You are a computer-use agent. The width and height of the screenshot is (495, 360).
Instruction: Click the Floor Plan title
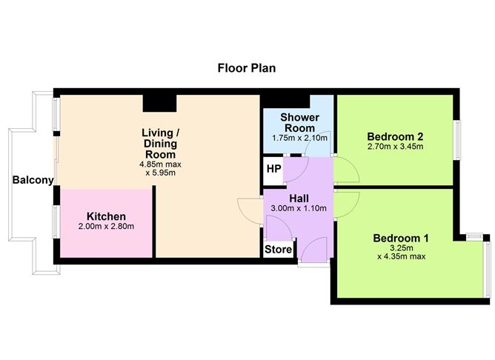[247, 68]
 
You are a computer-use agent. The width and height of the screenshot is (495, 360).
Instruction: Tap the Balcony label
[33, 180]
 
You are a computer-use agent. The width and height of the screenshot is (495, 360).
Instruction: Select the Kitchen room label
[107, 216]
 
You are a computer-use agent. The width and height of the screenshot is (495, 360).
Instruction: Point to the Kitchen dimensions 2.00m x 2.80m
[107, 226]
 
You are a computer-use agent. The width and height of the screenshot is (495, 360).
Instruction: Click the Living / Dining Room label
[160, 144]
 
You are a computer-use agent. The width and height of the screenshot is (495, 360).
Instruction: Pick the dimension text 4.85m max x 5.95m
[160, 168]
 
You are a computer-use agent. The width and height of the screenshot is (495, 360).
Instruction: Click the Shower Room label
[299, 123]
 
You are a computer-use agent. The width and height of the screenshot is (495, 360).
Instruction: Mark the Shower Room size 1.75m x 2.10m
[299, 139]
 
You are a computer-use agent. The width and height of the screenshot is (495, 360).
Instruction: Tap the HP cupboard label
[273, 169]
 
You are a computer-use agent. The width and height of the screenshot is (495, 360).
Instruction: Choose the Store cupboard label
[278, 249]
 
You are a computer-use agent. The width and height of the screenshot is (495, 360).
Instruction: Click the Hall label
[299, 199]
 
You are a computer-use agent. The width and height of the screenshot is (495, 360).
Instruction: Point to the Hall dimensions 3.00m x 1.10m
[299, 208]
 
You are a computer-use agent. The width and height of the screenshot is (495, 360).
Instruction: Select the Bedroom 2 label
[395, 136]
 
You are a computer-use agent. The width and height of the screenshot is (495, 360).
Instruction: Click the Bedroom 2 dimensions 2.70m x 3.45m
[395, 147]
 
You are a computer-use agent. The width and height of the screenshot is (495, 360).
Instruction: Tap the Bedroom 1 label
[401, 239]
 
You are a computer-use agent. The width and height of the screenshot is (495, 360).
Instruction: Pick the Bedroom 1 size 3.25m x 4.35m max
[401, 252]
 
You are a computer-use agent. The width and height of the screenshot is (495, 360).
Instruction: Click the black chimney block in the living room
[159, 103]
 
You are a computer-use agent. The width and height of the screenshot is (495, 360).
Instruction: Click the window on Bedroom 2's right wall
[456, 140]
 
